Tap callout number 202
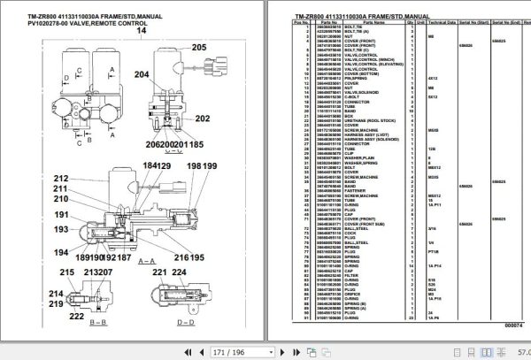click(x=203, y=118)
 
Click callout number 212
click(x=60, y=177)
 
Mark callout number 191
click(x=60, y=214)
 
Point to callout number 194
click(x=60, y=250)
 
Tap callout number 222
click(x=77, y=316)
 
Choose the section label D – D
click(x=187, y=324)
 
